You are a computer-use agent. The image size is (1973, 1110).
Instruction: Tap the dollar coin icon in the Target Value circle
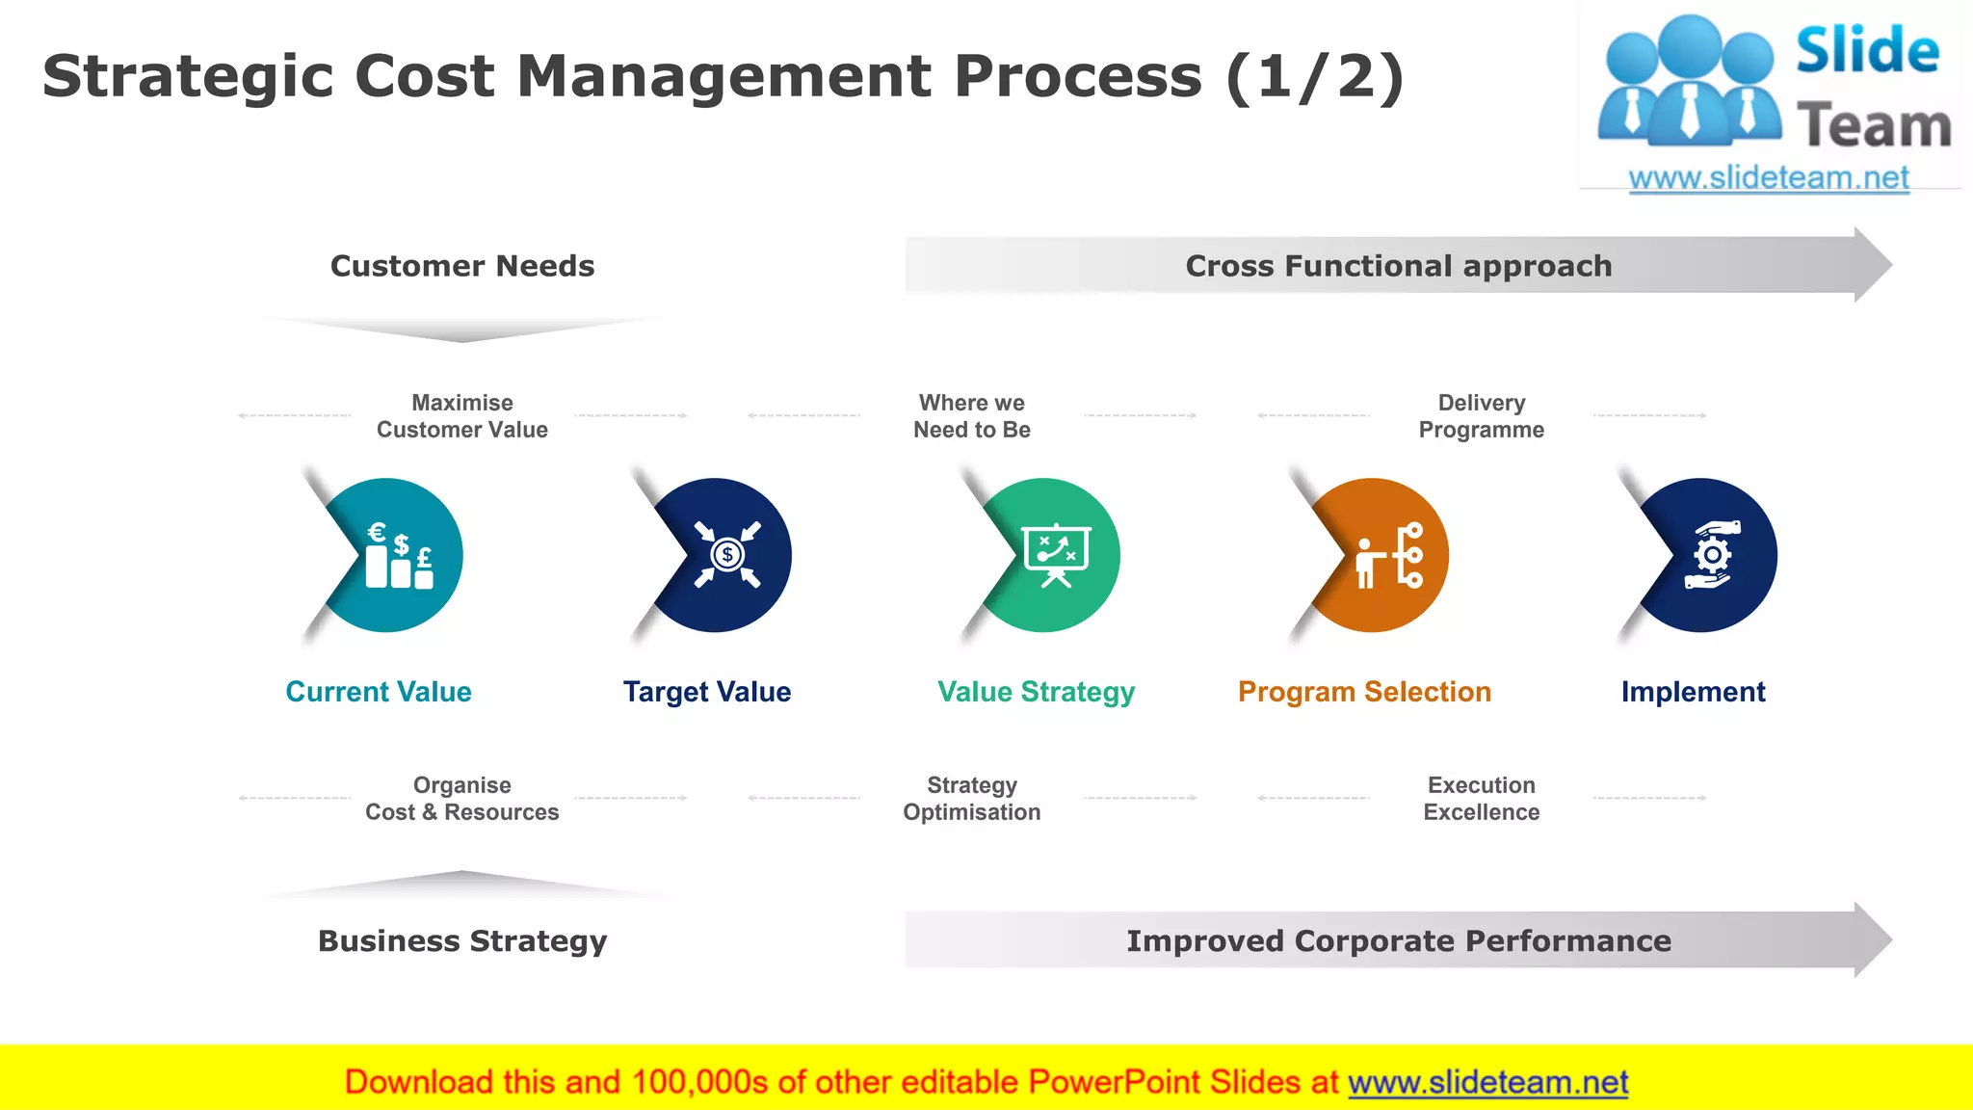click(x=727, y=555)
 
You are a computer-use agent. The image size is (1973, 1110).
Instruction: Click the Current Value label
click(x=379, y=692)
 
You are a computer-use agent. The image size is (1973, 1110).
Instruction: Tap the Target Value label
click(x=707, y=692)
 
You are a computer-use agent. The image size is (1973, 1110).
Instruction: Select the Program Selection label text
click(x=1364, y=692)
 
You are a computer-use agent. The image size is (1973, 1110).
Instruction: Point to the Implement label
click(x=1693, y=692)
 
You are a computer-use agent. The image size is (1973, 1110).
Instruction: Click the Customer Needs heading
click(x=462, y=266)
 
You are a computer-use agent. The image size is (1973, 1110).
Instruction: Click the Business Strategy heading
click(x=462, y=940)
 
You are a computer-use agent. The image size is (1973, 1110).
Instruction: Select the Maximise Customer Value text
click(x=462, y=416)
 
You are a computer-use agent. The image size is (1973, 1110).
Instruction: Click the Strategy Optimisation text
click(x=972, y=799)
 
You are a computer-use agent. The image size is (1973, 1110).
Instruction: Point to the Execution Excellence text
click(x=1481, y=799)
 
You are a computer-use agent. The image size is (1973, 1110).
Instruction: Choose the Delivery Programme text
click(x=1481, y=416)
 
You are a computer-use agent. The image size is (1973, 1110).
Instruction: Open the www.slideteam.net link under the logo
click(x=1769, y=178)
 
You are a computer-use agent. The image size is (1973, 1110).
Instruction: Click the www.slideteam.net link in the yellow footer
click(x=1487, y=1082)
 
